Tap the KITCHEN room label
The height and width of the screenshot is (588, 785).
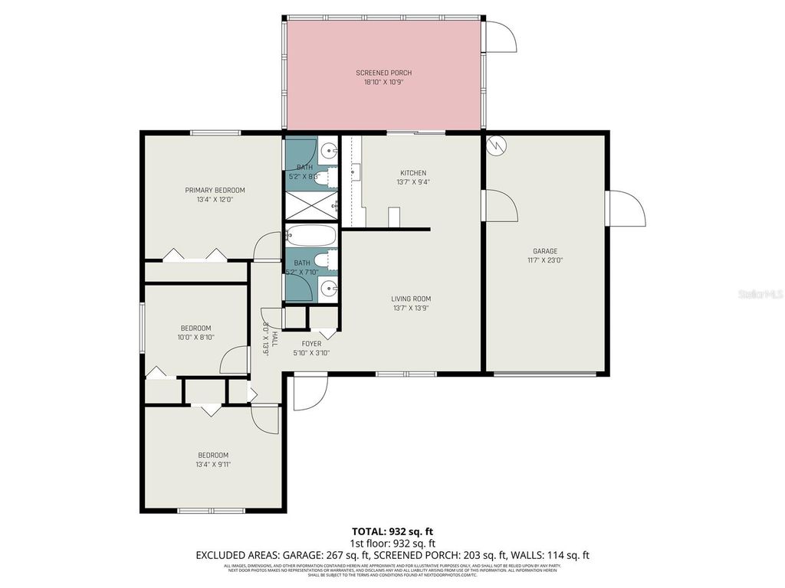pos(412,173)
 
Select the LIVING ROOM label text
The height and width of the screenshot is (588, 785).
pos(411,299)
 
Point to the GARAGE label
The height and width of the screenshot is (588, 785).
pos(545,251)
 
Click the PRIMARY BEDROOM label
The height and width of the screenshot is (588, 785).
pos(215,190)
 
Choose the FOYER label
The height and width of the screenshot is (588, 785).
pos(311,344)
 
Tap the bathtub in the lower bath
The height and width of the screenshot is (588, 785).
pos(310,234)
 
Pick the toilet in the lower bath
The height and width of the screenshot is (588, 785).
pos(324,260)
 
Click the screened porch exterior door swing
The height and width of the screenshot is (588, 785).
pos(499,36)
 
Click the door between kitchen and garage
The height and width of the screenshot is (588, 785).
pos(500,206)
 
